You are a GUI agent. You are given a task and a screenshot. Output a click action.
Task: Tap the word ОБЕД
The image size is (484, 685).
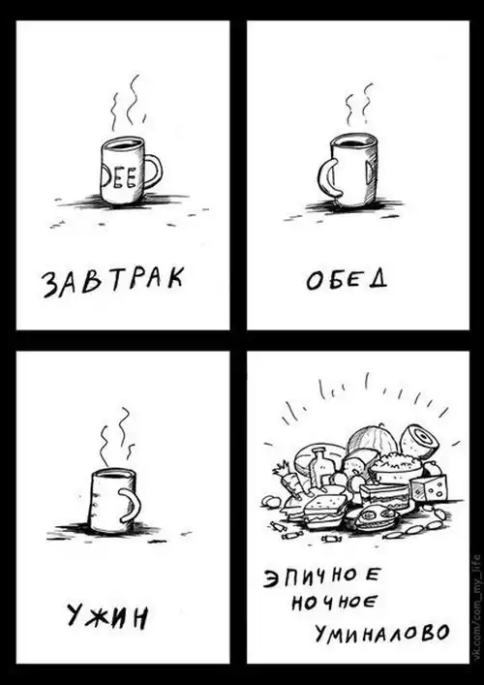click(347, 279)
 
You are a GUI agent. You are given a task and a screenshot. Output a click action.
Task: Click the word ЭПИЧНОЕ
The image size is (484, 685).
click(320, 579)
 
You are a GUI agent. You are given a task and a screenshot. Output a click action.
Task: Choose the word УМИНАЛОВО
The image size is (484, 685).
click(381, 633)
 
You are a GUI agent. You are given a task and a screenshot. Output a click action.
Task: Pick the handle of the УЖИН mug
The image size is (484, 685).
click(131, 505)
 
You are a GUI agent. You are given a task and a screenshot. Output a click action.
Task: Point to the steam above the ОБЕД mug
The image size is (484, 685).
click(358, 104)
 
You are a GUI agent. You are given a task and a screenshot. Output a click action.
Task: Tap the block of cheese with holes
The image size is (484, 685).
click(430, 487)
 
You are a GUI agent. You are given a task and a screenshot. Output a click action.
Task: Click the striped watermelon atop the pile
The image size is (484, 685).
click(373, 440)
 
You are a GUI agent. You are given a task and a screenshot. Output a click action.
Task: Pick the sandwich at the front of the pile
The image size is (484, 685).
click(324, 511)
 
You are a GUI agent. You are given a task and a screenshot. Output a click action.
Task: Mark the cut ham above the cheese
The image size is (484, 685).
click(420, 442)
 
